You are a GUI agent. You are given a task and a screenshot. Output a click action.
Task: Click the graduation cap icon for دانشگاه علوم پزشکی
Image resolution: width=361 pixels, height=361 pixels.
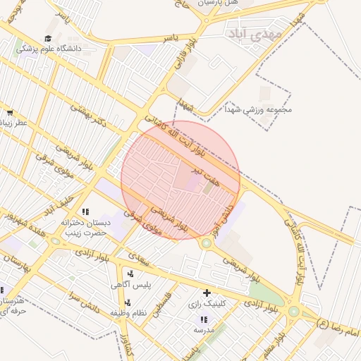click(48, 38)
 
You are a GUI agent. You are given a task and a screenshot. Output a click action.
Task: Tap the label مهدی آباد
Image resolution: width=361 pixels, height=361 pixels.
click(255, 33)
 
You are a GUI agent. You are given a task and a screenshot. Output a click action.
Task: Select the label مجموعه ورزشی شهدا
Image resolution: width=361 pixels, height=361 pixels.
click(259, 109)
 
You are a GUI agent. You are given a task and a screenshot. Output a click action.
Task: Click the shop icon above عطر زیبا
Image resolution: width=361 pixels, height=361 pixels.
click(9, 113)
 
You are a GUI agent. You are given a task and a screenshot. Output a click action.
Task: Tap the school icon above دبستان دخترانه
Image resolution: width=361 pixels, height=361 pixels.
click(85, 212)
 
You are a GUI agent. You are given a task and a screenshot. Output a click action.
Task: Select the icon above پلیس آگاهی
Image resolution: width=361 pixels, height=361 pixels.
click(130, 274)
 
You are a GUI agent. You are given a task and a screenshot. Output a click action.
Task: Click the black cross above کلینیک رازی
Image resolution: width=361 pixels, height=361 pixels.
click(207, 293)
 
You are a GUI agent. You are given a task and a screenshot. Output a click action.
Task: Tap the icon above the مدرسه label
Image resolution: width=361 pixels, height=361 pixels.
click(204, 319)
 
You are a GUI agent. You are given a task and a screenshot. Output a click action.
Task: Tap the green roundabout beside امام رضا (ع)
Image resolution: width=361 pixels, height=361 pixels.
click(293, 311)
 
